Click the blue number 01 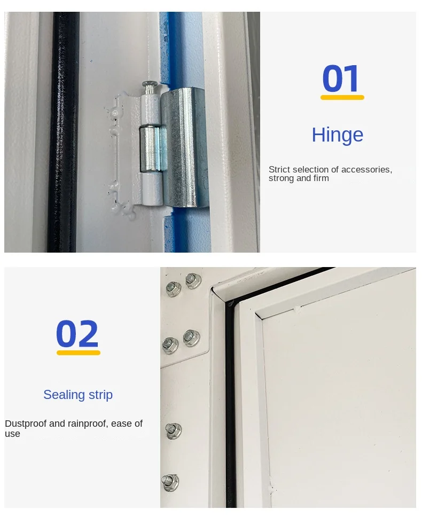(341, 79)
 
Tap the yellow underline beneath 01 (342, 97)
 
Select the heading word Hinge (338, 135)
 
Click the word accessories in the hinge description (366, 169)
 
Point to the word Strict (279, 169)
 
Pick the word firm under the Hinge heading (321, 178)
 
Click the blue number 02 (77, 334)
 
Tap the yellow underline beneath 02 (79, 352)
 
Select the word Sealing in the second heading (64, 395)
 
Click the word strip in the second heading (100, 395)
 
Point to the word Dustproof (26, 424)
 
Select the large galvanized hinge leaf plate (185, 147)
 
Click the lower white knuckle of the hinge (152, 190)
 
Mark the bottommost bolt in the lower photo (170, 482)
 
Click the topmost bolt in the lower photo (193, 280)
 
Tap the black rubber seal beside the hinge (63, 132)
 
